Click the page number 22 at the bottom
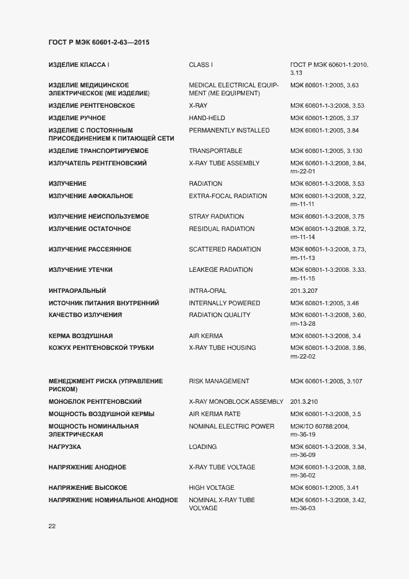point(52,526)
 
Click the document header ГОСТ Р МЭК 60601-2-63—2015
point(99,43)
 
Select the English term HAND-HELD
point(207,118)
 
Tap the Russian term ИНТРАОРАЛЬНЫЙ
point(77,290)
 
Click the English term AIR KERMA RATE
point(215,414)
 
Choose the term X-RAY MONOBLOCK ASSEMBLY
point(236,401)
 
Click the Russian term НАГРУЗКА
point(65,446)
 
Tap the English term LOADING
point(203,446)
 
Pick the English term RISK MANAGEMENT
point(219,381)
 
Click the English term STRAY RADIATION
point(216,216)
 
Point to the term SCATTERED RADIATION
point(225,249)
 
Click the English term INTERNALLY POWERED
point(224,303)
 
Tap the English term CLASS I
point(200,64)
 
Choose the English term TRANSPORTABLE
point(215,150)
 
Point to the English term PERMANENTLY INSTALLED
point(229,130)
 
